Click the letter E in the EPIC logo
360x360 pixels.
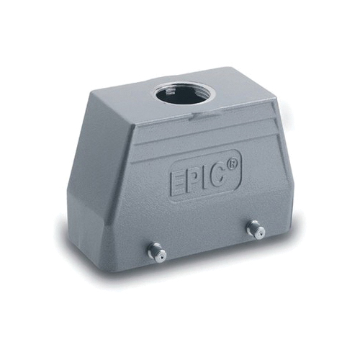pos(178,183)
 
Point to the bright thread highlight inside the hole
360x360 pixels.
pos(170,92)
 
